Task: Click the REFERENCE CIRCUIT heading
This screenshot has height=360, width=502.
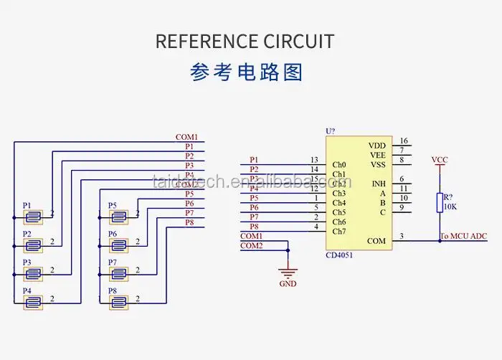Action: (x=245, y=42)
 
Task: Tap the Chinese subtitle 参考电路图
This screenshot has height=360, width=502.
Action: (x=247, y=72)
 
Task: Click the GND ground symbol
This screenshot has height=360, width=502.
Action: (x=288, y=273)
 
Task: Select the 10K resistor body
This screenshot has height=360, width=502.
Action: (x=439, y=202)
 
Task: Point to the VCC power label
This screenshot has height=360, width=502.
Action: (x=440, y=159)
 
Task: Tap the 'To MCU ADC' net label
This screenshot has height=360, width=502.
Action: (x=463, y=236)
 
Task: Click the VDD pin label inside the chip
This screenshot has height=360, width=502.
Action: (x=377, y=146)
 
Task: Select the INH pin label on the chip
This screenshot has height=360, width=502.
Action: (x=379, y=184)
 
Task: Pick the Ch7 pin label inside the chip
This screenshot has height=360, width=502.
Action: (x=339, y=231)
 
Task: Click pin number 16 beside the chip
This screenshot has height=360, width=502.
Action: (x=404, y=141)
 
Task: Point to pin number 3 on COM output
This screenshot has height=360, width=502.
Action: (x=402, y=236)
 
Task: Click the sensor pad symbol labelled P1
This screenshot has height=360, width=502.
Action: (x=33, y=216)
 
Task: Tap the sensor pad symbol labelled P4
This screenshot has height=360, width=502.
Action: (x=33, y=302)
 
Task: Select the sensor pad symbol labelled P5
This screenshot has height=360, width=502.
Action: (x=119, y=216)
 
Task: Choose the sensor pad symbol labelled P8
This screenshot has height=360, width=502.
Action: (x=119, y=302)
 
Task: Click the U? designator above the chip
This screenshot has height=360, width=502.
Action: (x=330, y=131)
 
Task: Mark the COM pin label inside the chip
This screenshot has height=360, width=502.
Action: (x=376, y=241)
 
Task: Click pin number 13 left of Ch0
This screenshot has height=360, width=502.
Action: (x=314, y=160)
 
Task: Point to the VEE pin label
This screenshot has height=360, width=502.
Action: (x=378, y=155)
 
